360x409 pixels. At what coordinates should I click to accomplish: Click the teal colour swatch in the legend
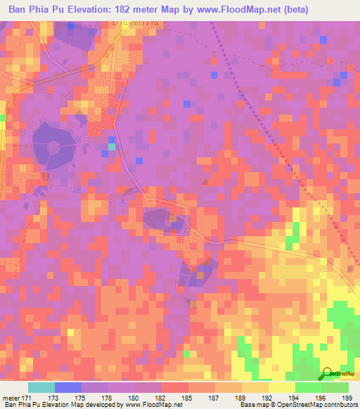[41, 387]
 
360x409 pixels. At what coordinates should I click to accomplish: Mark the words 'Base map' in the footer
[251, 404]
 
